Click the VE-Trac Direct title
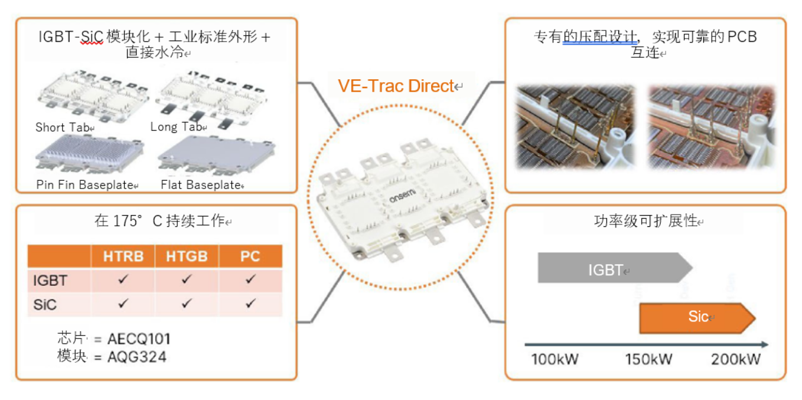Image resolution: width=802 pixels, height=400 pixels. coord(396,86)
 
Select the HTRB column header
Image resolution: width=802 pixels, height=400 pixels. coord(123,256)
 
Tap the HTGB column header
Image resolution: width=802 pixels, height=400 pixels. coord(187,256)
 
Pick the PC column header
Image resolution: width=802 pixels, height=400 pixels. coord(250,256)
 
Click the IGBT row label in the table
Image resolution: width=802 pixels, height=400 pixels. coord(51,280)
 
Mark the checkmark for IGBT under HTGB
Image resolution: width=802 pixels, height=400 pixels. coord(187,279)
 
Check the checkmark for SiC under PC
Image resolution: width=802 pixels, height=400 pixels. coord(250,304)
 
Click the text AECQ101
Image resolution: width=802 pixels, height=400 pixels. coord(139,339)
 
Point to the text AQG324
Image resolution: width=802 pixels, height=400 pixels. coord(137,357)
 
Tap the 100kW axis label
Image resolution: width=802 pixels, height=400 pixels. coord(555,359)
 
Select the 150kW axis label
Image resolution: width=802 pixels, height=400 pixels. coord(648,359)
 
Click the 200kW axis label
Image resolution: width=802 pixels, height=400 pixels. coord(735,359)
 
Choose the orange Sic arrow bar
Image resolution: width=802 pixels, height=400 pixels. coord(697,317)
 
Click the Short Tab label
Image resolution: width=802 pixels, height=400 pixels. coord(62,128)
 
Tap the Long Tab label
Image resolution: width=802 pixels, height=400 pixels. coord(175,127)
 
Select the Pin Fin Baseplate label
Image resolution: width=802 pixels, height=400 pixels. coord(85,185)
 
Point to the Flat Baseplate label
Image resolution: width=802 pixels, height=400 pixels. coord(201,185)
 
